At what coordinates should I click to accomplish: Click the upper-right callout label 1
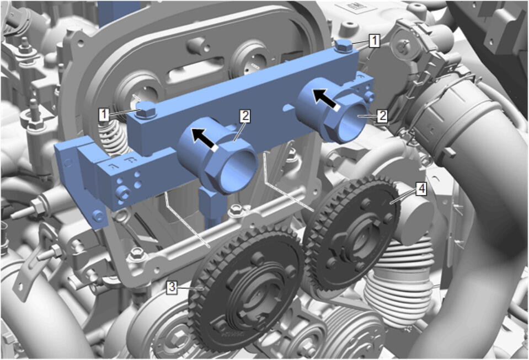point(374,41)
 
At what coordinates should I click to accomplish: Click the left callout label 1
point(104,115)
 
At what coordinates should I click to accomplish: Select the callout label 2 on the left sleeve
point(245,116)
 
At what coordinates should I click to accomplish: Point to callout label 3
point(173,288)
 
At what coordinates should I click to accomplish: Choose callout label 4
point(421,189)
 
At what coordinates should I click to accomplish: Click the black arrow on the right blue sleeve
point(327,100)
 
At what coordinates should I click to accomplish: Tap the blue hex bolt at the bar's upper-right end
point(344,46)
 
